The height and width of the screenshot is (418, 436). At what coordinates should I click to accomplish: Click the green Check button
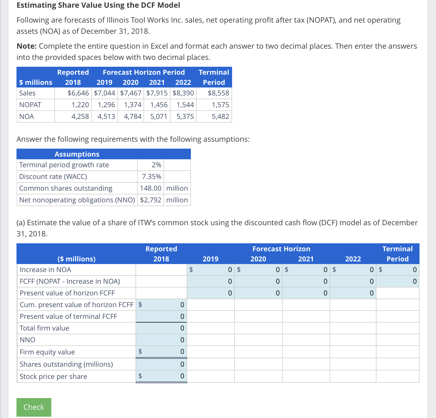coord(34,407)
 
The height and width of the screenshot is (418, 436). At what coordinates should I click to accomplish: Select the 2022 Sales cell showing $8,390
coord(183,93)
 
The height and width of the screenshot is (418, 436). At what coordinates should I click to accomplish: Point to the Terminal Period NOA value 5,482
coord(220,116)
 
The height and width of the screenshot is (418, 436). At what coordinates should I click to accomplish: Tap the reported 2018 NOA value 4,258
coord(80,116)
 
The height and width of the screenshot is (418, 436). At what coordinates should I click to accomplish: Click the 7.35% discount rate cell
coord(151,177)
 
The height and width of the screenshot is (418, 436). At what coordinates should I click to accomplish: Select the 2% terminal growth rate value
coord(156,165)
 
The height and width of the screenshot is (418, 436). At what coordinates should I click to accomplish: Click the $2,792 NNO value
coord(150,200)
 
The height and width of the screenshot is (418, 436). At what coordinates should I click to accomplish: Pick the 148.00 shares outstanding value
coord(150,188)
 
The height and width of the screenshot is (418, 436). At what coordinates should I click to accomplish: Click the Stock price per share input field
coord(161,376)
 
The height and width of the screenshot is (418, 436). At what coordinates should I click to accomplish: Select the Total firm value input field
coord(161,328)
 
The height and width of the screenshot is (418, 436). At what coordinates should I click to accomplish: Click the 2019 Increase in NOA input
coord(211,270)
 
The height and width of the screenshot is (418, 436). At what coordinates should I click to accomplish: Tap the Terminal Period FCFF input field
coord(397,281)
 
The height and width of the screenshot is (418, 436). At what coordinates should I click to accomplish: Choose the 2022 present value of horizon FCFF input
coord(353,293)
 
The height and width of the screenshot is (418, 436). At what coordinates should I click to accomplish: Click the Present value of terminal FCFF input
coord(161,316)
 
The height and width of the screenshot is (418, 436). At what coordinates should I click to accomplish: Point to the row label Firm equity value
coord(47,352)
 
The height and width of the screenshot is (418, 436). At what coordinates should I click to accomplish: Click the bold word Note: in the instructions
coord(27,46)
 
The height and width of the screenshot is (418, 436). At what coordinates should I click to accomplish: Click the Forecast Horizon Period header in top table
coord(144,72)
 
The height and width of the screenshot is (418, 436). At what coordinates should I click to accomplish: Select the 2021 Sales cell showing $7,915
coord(157,93)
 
